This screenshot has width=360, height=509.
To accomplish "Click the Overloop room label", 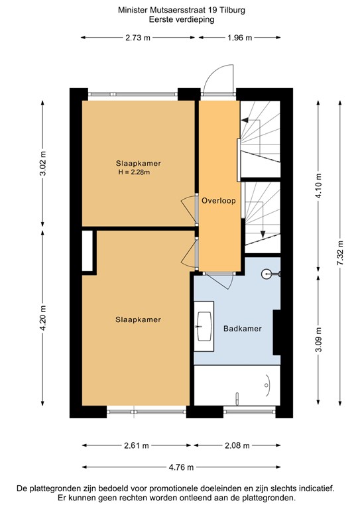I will point(219,199).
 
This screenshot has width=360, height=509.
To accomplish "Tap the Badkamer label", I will point(242,328).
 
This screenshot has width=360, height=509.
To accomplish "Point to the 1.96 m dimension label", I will point(240,38).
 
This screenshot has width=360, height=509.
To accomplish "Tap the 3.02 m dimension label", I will point(43,164).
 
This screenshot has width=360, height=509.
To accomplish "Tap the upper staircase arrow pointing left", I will point(250,120).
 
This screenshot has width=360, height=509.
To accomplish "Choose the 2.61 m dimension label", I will point(136,445).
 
